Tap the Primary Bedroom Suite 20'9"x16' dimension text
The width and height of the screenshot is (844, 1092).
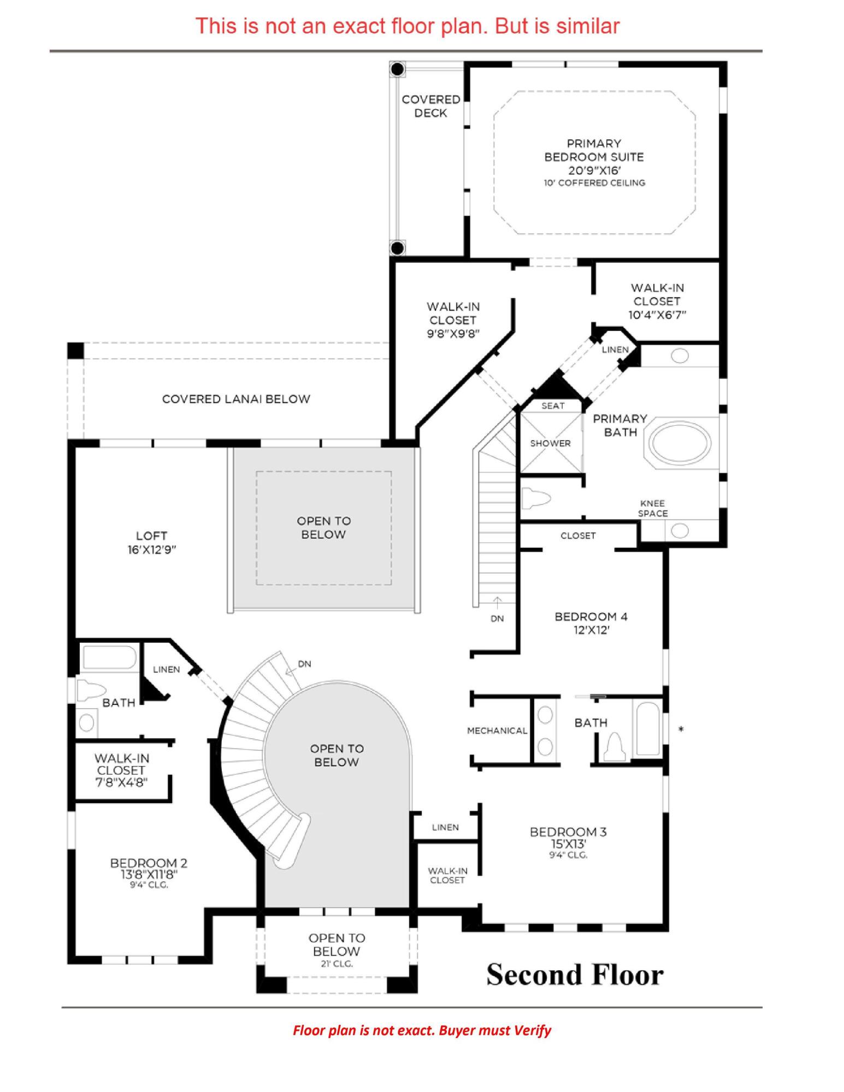click(594, 170)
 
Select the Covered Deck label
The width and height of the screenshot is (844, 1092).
click(430, 106)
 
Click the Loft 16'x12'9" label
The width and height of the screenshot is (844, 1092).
click(151, 542)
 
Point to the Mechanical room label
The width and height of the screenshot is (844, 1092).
click(497, 731)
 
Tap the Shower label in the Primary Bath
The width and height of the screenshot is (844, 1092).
click(550, 443)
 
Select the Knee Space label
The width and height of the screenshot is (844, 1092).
click(652, 508)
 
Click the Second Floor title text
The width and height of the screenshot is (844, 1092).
click(575, 975)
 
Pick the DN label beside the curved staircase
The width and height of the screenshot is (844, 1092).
click(304, 664)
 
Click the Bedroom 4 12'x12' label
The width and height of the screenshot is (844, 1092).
click(591, 623)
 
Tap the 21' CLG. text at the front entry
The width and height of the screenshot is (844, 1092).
click(336, 964)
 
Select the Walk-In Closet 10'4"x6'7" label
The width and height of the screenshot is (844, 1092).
click(657, 301)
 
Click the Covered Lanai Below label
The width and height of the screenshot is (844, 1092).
click(236, 399)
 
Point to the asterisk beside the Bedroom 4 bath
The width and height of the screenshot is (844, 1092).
click(681, 729)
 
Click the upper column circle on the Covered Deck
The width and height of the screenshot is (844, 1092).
click(398, 69)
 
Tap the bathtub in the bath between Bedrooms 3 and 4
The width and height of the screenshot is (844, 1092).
click(647, 728)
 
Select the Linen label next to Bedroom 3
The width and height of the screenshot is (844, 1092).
click(445, 827)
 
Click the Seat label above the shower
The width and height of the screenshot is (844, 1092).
click(552, 406)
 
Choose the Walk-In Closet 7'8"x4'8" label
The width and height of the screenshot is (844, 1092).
click(121, 770)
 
